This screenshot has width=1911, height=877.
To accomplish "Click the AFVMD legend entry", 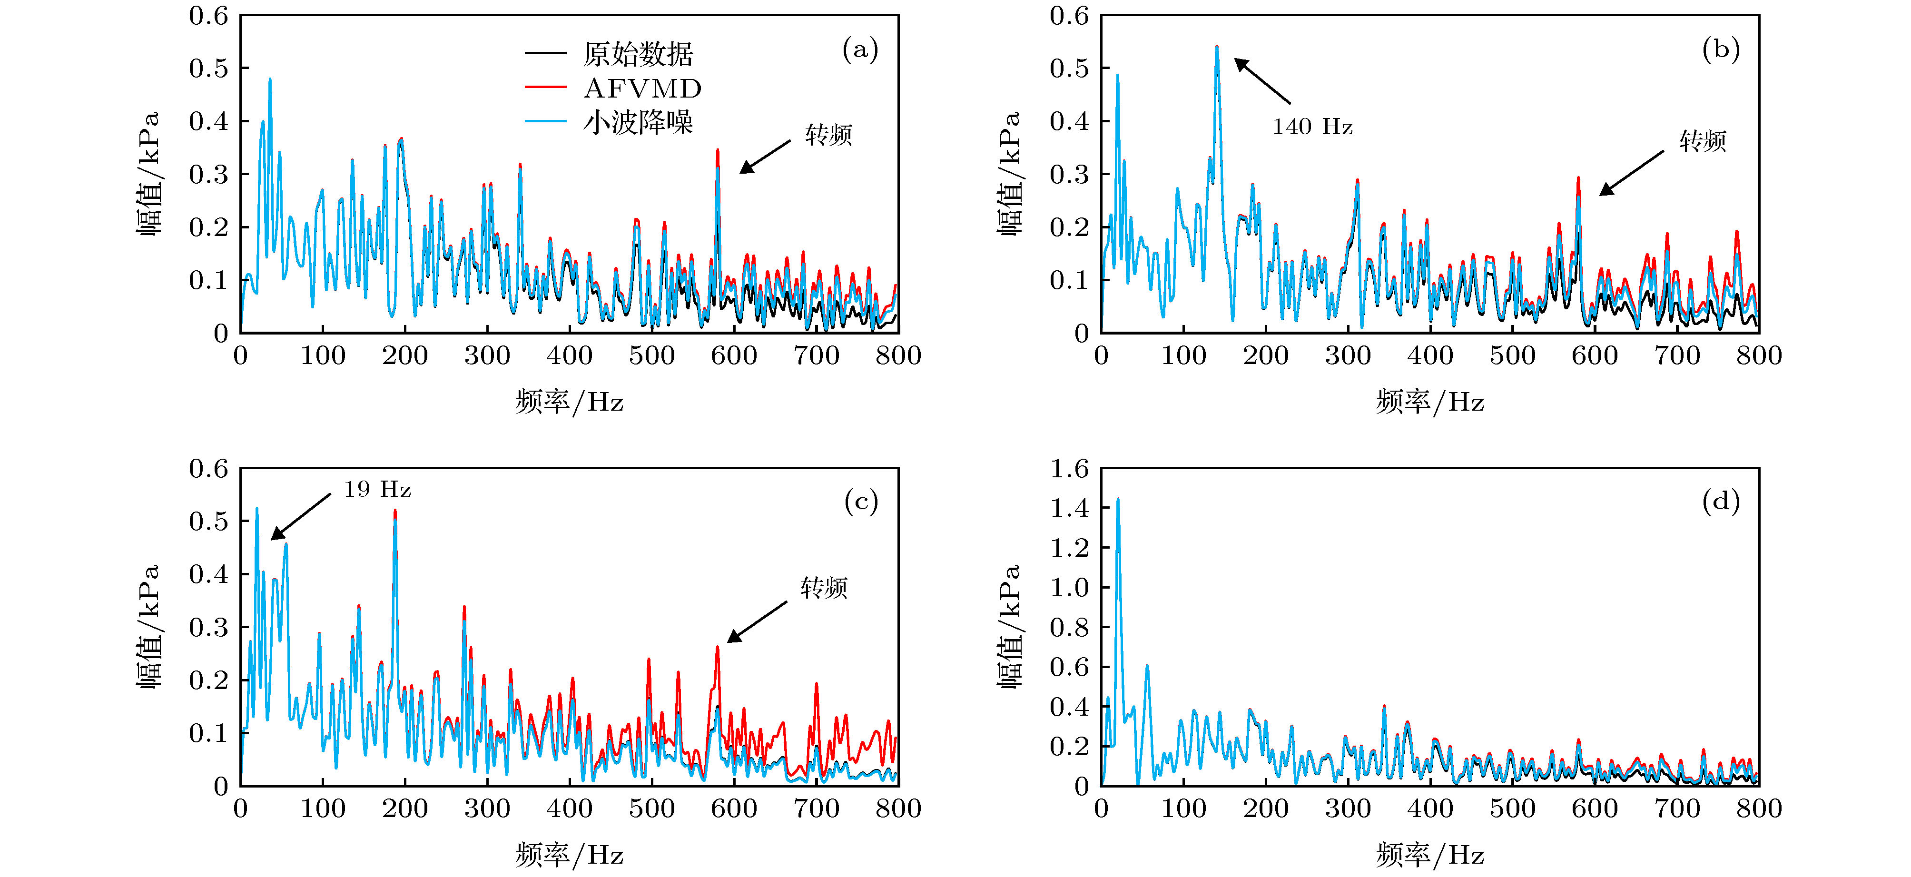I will pyautogui.click(x=642, y=89).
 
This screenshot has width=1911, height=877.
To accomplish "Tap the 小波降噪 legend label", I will pyautogui.click(x=638, y=122).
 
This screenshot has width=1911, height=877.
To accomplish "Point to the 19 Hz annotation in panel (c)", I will pyautogui.click(x=377, y=490).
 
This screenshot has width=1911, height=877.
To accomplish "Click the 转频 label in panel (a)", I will pyautogui.click(x=828, y=135).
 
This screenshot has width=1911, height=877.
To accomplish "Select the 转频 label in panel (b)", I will pyautogui.click(x=1703, y=141).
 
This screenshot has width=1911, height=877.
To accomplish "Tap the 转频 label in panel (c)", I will pyautogui.click(x=823, y=588).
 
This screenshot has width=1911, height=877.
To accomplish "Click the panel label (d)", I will pyautogui.click(x=1720, y=502).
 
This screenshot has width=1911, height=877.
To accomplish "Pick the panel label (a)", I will pyautogui.click(x=860, y=49).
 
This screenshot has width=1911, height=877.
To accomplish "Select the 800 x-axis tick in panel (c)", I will pyautogui.click(x=897, y=808).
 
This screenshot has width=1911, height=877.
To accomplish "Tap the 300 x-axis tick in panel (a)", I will pyautogui.click(x=487, y=355).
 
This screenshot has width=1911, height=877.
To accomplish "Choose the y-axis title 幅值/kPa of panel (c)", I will pyautogui.click(x=148, y=627).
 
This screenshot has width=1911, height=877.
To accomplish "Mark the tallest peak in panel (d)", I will pyautogui.click(x=1117, y=500).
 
